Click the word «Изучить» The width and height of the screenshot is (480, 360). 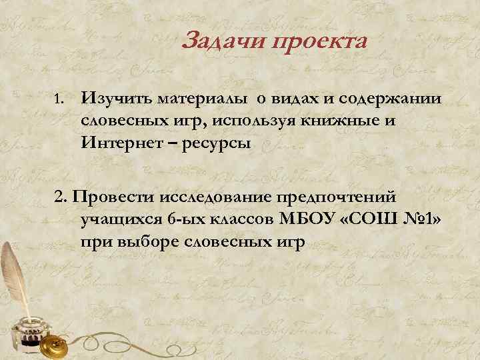point(115,99)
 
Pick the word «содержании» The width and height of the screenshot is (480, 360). point(389,99)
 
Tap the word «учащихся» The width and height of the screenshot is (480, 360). point(117,220)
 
